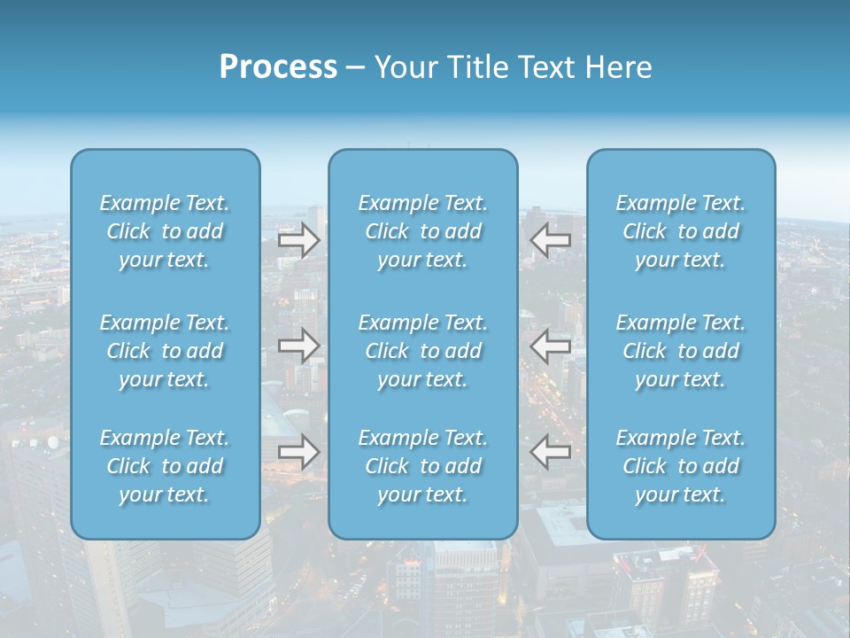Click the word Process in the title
[278, 67]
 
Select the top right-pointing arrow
[298, 239]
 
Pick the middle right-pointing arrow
[298, 346]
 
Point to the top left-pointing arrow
[550, 239]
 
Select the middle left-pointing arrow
[550, 346]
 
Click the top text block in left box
[165, 231]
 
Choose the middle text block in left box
[165, 351]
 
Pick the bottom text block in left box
[165, 466]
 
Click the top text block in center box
[423, 231]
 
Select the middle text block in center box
[423, 351]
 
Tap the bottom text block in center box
[423, 466]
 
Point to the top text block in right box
[681, 231]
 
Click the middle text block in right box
[681, 351]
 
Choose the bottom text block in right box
[681, 466]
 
